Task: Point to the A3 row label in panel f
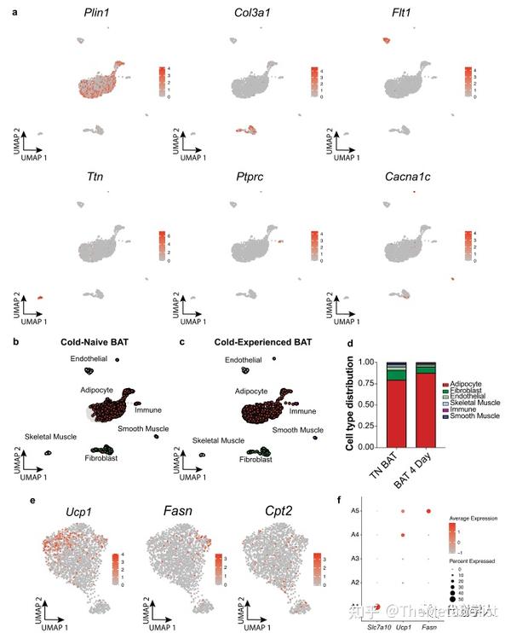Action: click(x=353, y=558)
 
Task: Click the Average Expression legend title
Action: click(x=474, y=518)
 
